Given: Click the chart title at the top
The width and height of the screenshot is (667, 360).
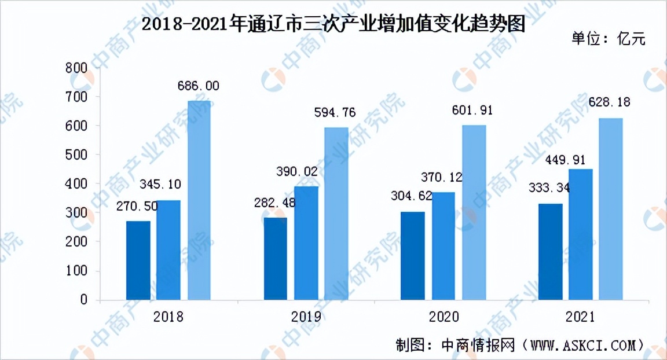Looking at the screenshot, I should coord(333,25).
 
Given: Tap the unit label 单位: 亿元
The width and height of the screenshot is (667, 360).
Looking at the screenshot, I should coord(609,39).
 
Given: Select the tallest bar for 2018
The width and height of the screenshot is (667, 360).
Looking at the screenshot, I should coord(199,200).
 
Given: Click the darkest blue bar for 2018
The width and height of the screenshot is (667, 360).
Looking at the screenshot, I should coord(138,260).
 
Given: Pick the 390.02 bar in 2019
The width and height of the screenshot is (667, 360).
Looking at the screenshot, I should coord(306,243).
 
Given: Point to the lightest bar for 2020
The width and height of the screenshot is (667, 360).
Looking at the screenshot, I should coord(474,212).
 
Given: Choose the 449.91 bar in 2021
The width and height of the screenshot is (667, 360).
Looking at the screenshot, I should coord(581,234).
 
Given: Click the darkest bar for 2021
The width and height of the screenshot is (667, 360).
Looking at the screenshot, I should coord(551,252).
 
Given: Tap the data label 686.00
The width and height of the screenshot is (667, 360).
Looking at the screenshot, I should coord(198,86).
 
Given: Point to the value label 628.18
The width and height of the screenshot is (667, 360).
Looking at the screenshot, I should coord(609,102).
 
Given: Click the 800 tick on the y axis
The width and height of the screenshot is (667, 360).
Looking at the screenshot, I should coord(78,68).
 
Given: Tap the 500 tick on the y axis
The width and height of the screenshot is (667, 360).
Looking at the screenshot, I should coord(78,155).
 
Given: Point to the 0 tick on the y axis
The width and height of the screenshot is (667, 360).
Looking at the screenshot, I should coord(84,300).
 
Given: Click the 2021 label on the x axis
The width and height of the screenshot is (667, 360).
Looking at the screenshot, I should coord(580,317).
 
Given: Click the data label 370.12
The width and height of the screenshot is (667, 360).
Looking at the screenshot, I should coord(444,177).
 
